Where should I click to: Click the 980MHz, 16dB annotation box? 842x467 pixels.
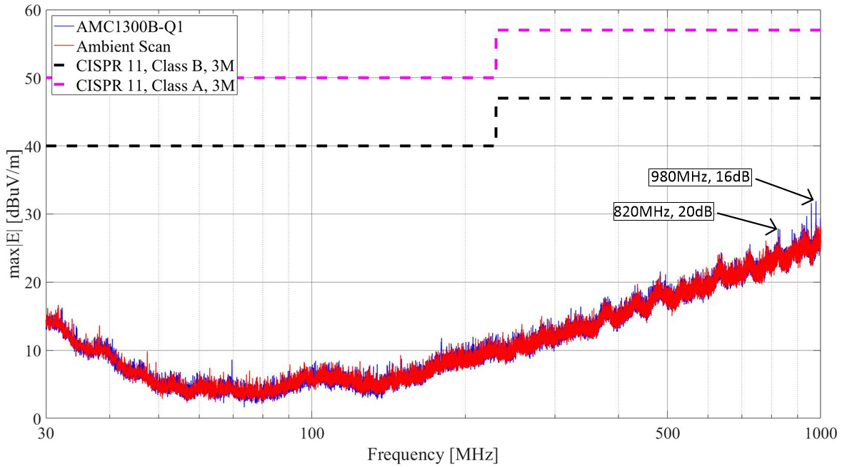click(700, 176)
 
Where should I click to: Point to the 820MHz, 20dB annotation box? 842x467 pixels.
click(663, 212)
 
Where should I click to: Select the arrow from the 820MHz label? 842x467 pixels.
click(746, 221)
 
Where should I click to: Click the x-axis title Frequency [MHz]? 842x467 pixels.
click(433, 454)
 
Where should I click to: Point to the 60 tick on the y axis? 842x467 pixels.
click(33, 10)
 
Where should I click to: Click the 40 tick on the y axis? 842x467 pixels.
click(33, 146)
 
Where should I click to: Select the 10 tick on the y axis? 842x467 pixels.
click(33, 351)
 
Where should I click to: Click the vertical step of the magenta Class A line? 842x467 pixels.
click(496, 54)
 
